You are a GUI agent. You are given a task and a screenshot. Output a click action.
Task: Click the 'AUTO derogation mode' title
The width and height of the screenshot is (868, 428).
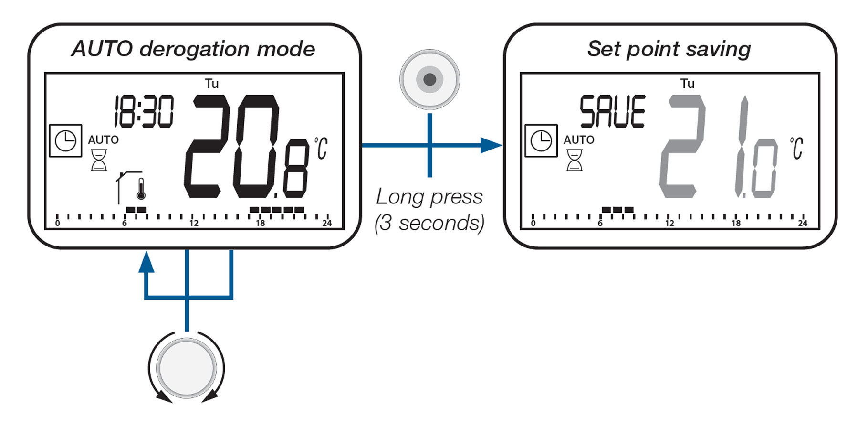[x=193, y=49]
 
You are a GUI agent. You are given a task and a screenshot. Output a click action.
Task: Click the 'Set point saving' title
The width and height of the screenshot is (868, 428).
[x=669, y=49]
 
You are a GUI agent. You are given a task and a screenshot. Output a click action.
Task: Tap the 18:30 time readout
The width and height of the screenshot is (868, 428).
[x=144, y=112]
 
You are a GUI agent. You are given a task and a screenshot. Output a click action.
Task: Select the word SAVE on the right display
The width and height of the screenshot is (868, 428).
[x=613, y=112]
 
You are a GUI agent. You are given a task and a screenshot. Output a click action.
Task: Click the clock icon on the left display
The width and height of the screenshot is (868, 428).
[x=65, y=141]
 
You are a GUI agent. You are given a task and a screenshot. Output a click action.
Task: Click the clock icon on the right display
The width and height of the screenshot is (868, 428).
[x=541, y=141]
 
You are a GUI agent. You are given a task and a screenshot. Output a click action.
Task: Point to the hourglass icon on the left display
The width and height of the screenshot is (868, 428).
[x=99, y=160]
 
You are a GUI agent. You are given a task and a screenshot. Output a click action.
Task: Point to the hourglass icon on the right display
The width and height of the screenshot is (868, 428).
[x=575, y=160]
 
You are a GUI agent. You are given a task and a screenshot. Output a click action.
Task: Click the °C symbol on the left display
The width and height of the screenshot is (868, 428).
[x=321, y=149]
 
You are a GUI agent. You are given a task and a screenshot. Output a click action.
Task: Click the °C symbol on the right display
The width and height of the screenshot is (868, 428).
[x=797, y=149]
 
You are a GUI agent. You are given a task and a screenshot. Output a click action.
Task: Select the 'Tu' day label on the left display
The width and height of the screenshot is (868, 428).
[x=211, y=84]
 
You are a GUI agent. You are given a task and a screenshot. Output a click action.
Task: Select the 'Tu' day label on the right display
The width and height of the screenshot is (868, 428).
[x=687, y=84]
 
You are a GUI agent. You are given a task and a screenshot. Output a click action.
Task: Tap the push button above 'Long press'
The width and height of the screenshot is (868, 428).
[x=429, y=79]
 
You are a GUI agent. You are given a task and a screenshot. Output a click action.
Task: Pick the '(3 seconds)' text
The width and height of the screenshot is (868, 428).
[x=429, y=223]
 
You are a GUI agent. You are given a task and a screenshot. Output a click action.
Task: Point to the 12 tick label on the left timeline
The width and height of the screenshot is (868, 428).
[x=194, y=223]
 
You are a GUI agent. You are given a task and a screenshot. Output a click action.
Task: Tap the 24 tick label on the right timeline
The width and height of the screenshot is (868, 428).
[x=803, y=223]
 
